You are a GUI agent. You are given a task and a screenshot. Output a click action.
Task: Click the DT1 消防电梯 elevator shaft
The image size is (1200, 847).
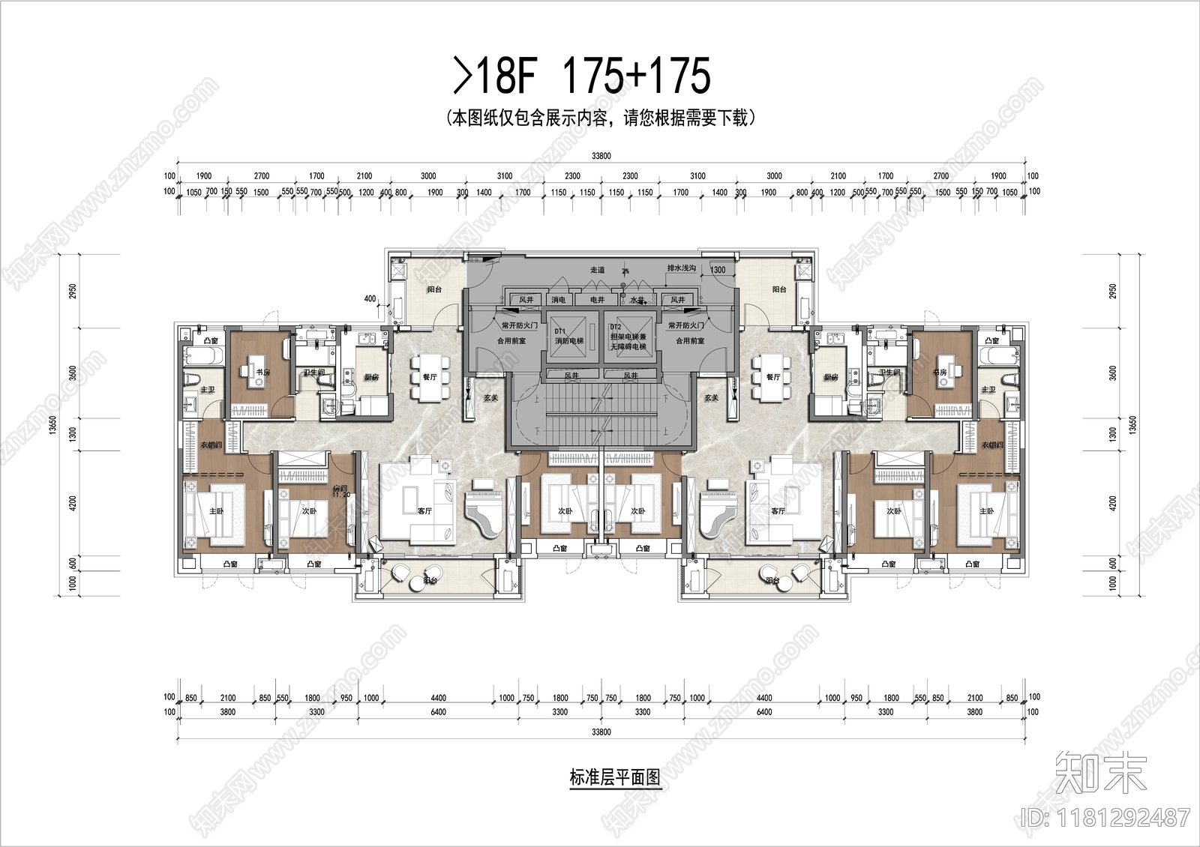coord(568,337)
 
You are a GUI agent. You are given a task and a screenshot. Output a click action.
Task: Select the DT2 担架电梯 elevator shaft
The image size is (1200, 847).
coord(628,337)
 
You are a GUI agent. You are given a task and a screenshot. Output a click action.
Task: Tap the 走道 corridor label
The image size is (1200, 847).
coord(597,269)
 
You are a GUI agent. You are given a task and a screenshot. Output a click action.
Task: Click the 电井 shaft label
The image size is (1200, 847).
coord(597,300)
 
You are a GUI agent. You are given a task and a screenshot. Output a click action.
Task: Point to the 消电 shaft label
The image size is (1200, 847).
coord(559,300)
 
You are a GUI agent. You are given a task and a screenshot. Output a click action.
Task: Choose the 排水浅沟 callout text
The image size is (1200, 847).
coord(682,268)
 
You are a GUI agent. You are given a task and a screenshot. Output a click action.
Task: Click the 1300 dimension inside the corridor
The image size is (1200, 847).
coord(718,270)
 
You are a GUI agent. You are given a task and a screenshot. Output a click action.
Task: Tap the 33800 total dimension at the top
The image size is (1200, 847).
coord(601,156)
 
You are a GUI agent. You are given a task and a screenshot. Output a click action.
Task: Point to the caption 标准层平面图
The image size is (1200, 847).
coord(615,777)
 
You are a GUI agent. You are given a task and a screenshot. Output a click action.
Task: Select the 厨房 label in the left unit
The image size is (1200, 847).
coord(371,377)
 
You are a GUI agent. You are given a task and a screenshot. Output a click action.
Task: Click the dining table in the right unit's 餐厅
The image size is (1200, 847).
coord(772,377)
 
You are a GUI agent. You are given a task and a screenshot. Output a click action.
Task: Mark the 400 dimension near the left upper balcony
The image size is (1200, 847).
coord(370,298)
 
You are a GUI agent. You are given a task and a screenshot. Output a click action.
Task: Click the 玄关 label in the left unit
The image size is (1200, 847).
coord(490,398)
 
